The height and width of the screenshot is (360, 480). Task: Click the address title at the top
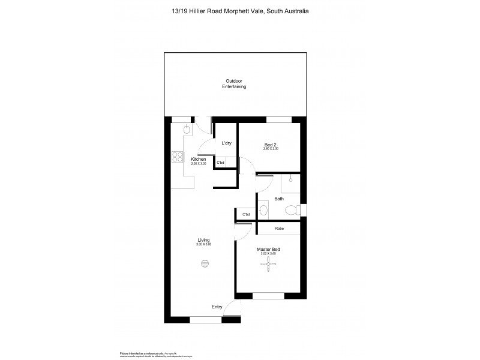tap(241, 11)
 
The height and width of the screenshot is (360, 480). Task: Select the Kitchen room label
tap(199, 159)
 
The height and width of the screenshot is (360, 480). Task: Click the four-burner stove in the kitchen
tap(178, 157)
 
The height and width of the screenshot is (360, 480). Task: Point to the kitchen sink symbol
tap(187, 130)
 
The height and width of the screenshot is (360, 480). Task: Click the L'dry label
tap(226, 143)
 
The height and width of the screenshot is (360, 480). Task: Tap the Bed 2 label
tap(271, 144)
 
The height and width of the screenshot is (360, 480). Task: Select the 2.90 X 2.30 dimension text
tap(271, 149)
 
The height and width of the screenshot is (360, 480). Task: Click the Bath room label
tap(279, 199)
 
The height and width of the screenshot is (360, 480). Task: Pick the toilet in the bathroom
tap(292, 210)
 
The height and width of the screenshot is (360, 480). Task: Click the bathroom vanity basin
tap(263, 210)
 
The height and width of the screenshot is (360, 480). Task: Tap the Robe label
tap(279, 229)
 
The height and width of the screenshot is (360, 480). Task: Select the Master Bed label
tap(269, 249)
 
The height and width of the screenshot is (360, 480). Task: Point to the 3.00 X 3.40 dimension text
tap(269, 254)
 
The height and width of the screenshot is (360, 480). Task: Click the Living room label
tap(203, 240)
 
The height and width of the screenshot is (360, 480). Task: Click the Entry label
tap(217, 307)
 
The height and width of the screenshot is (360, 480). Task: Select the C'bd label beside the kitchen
tap(220, 163)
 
